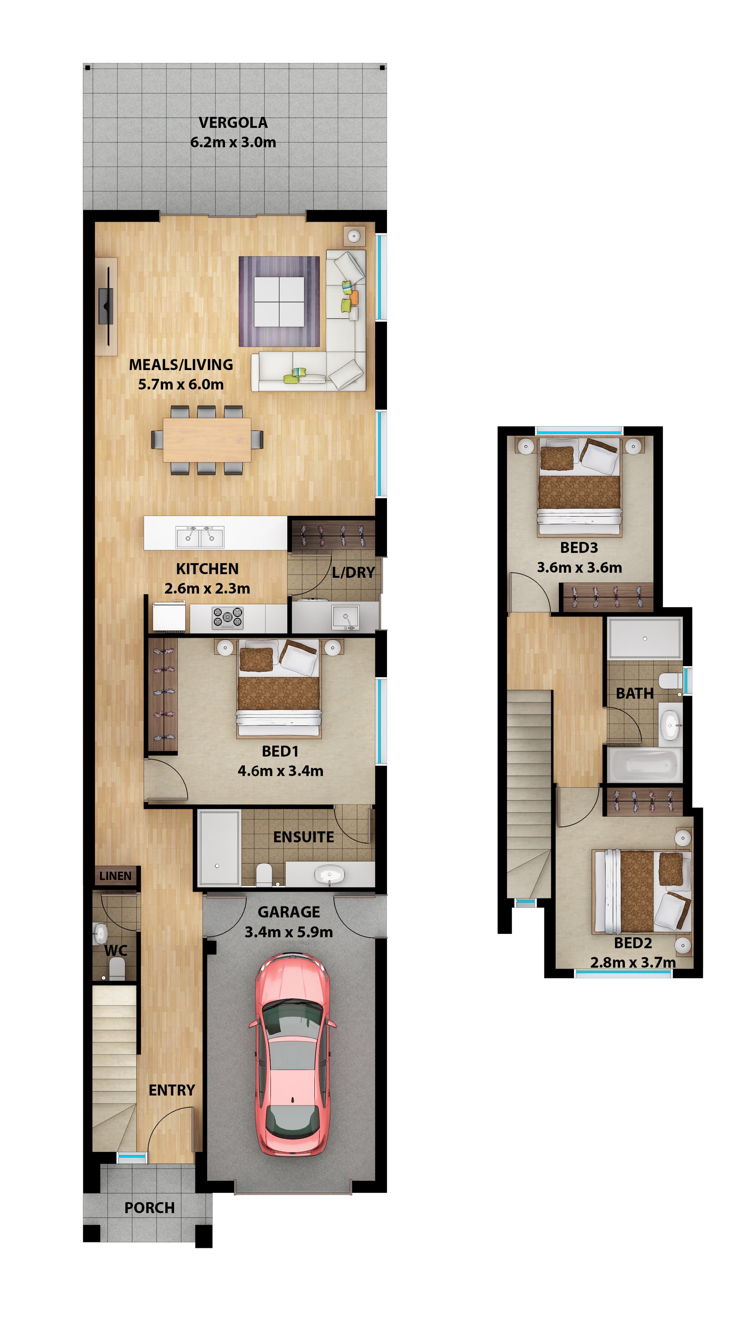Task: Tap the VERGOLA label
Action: pyautogui.click(x=233, y=123)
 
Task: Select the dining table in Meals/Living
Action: pyautogui.click(x=207, y=440)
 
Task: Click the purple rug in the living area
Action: pyautogui.click(x=279, y=302)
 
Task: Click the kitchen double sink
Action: pyautogui.click(x=199, y=537)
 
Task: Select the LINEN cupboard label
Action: pyautogui.click(x=115, y=876)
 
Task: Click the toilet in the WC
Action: pyautogui.click(x=117, y=968)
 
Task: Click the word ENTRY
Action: pyautogui.click(x=172, y=1090)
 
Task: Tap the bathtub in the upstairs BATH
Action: pyautogui.click(x=644, y=764)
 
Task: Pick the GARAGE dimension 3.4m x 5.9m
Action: pyautogui.click(x=289, y=932)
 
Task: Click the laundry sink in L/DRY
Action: pyautogui.click(x=346, y=617)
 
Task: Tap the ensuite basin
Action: pyautogui.click(x=329, y=873)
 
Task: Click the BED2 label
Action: pyautogui.click(x=633, y=943)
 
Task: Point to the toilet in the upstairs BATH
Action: pyautogui.click(x=670, y=681)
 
